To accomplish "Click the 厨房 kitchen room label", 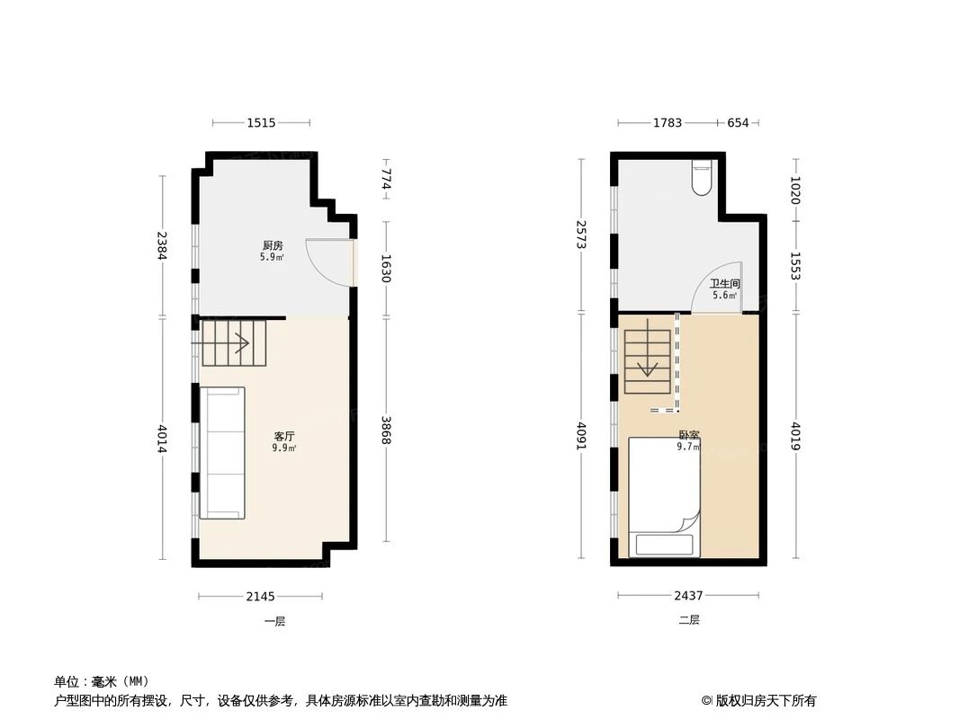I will coord(273,245).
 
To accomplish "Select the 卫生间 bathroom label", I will coord(724,284).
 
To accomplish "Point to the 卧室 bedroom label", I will coord(689,435).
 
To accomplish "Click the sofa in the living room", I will coord(222,452).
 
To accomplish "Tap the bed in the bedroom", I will coord(664,496).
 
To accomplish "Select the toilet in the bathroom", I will coord(702,178).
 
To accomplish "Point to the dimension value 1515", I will coord(261,122).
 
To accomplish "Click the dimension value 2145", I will coord(261,596).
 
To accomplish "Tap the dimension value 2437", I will coord(688,596).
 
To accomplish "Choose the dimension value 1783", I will coord(667,122).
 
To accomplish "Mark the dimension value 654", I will coord(738,122).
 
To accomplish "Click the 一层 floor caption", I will coord(274,620).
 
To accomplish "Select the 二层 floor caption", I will coord(689,620).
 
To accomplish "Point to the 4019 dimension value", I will coord(796,437).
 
